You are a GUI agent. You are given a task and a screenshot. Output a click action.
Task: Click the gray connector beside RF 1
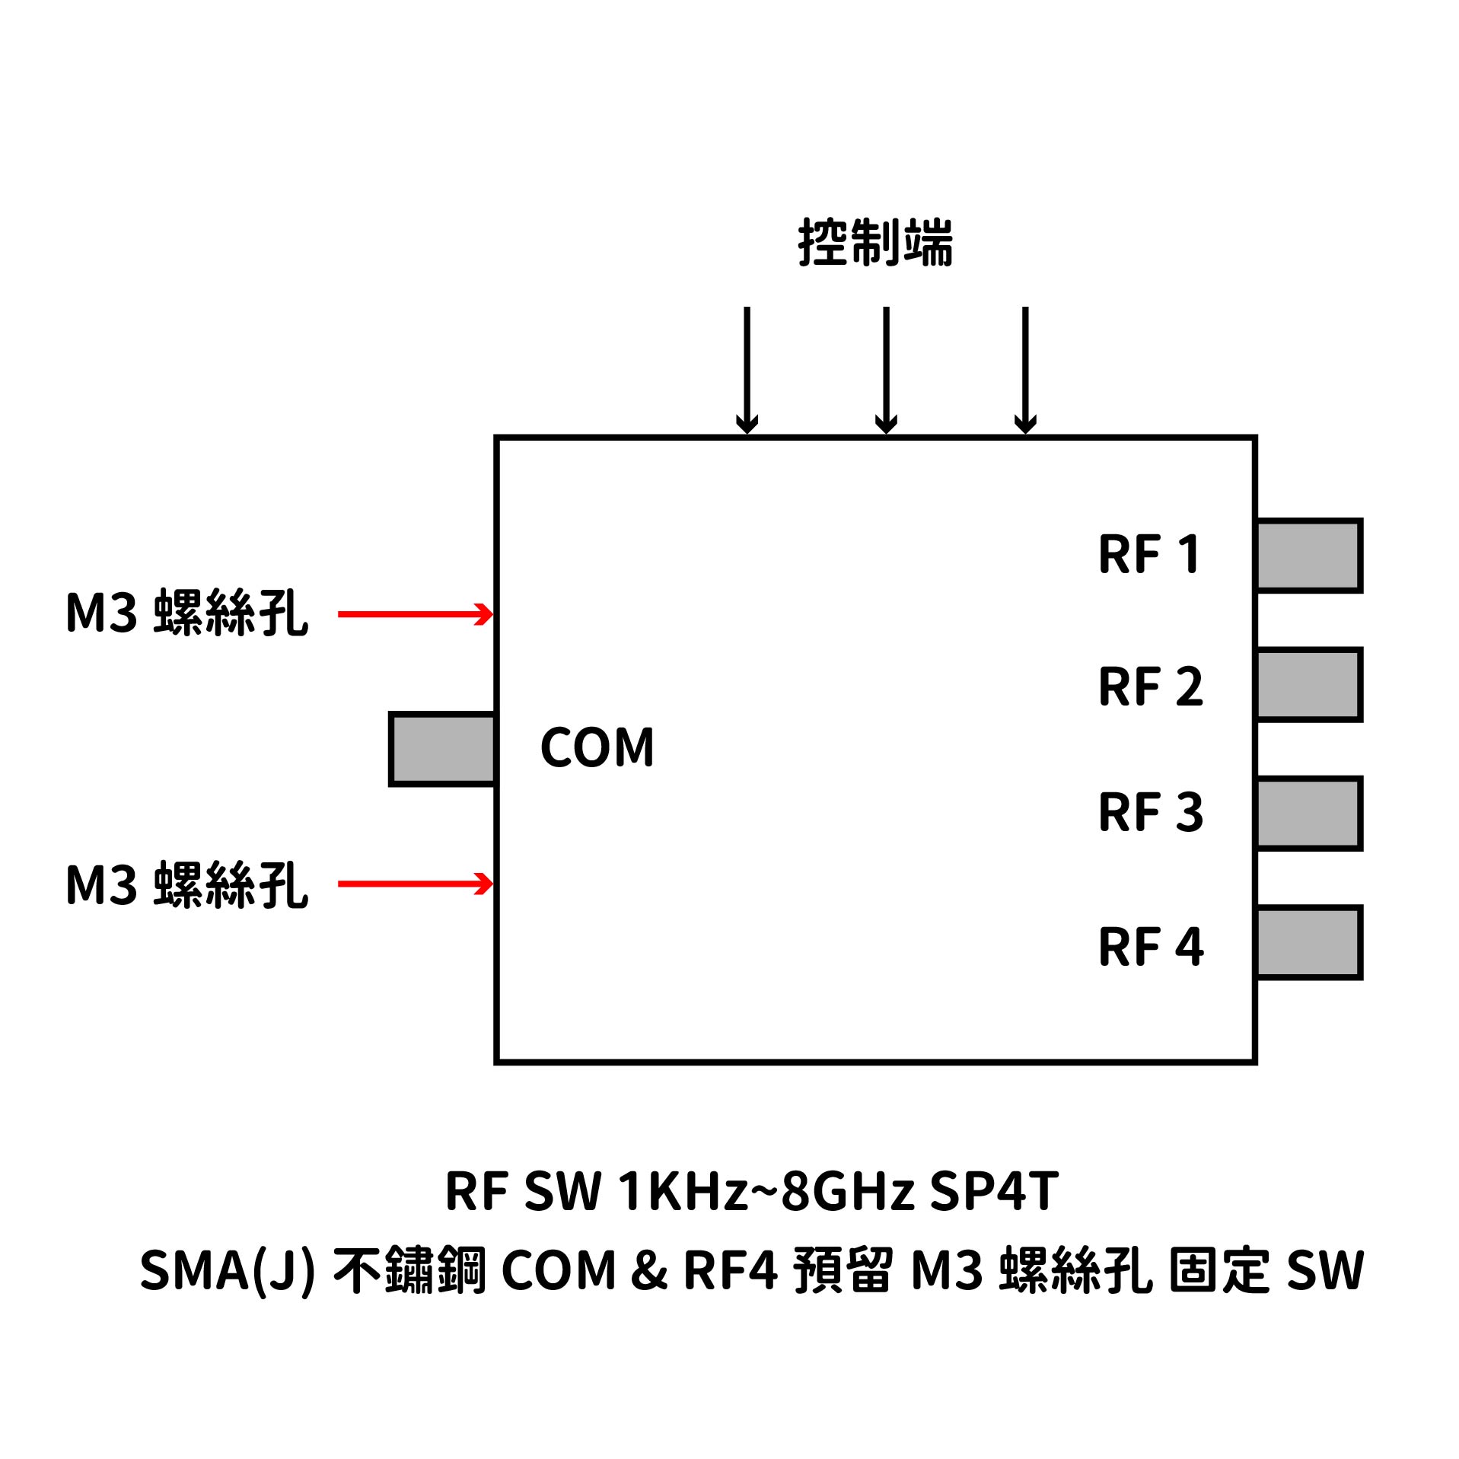pyautogui.click(x=1308, y=556)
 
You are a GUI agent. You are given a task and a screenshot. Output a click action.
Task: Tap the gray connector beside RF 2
pyautogui.click(x=1308, y=684)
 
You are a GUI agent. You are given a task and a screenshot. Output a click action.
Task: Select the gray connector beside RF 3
pyautogui.click(x=1308, y=814)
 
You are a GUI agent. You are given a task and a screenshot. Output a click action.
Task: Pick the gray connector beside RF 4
pyautogui.click(x=1308, y=942)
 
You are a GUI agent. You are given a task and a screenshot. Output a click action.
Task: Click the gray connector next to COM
pyautogui.click(x=442, y=749)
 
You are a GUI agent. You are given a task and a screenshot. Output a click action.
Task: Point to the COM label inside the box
pyautogui.click(x=597, y=747)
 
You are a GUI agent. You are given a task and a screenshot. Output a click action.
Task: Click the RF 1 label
pyautogui.click(x=1150, y=554)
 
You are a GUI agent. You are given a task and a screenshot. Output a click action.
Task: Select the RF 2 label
pyautogui.click(x=1150, y=686)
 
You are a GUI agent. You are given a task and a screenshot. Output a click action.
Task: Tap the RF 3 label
pyautogui.click(x=1150, y=812)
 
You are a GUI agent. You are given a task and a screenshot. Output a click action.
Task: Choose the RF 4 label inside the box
pyautogui.click(x=1150, y=947)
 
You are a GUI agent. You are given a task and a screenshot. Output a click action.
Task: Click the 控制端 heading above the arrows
pyautogui.click(x=875, y=243)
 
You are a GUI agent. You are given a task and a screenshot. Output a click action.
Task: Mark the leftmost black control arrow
pyautogui.click(x=747, y=369)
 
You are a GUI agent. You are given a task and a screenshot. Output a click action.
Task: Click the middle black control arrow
pyautogui.click(x=886, y=369)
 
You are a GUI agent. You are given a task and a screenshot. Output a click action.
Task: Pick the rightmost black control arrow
pyautogui.click(x=1025, y=369)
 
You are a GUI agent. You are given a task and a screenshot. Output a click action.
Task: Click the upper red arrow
pyautogui.click(x=415, y=614)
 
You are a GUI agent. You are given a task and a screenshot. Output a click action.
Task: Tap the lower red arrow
pyautogui.click(x=415, y=884)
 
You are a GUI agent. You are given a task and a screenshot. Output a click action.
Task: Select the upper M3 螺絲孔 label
pyautogui.click(x=187, y=613)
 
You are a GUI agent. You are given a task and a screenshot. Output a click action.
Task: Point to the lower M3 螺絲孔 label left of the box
pyautogui.click(x=187, y=884)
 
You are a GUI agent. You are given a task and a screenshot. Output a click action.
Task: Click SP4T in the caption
pyautogui.click(x=993, y=1191)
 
